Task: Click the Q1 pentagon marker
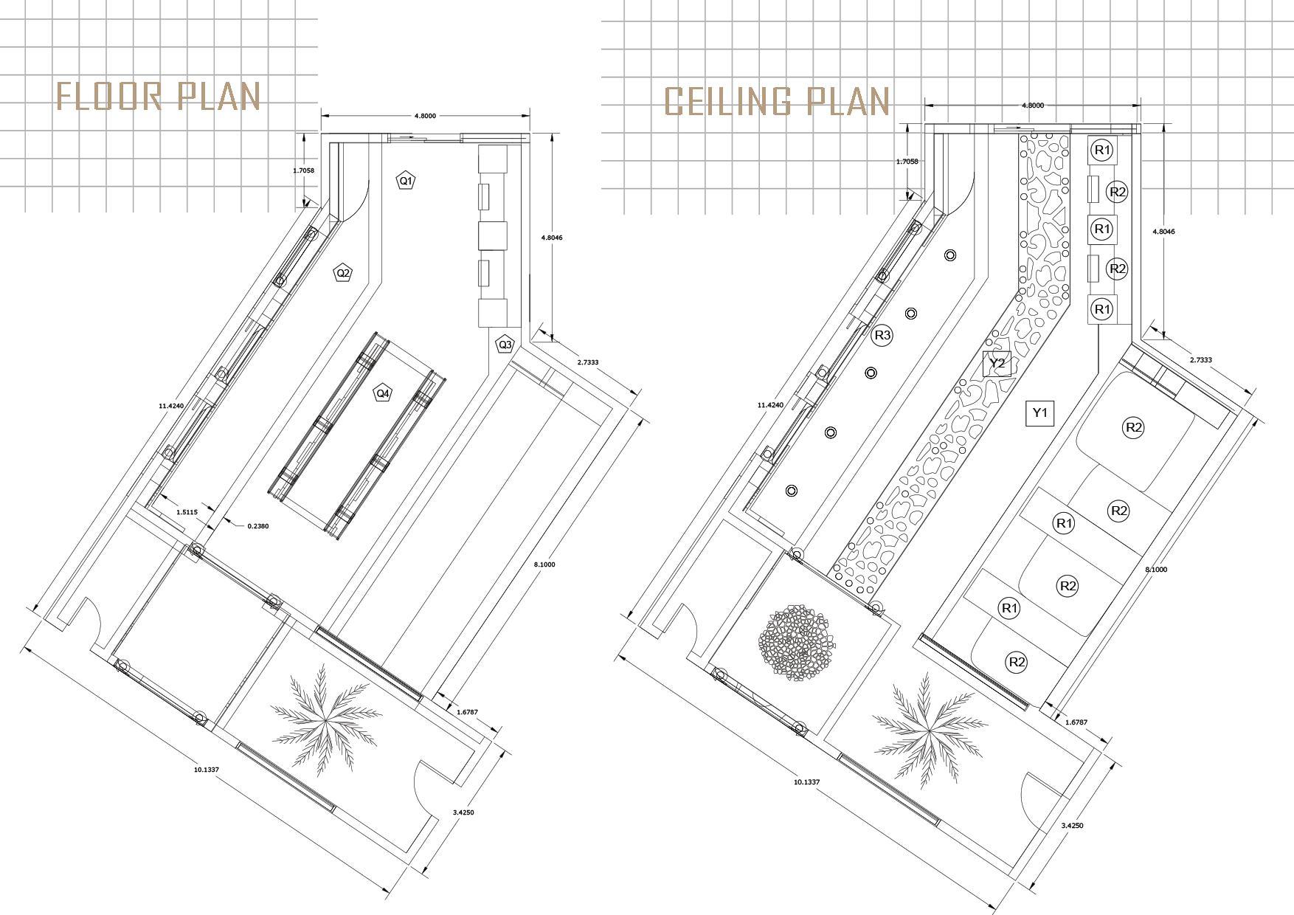click(406, 181)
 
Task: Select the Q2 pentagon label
click(343, 273)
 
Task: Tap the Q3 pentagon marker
click(505, 344)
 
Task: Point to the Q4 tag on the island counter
click(383, 393)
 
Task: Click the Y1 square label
click(1040, 412)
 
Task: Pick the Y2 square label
click(997, 364)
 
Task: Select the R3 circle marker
click(882, 336)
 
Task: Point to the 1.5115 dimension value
click(187, 512)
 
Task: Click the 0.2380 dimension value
click(258, 526)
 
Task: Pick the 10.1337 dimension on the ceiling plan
click(806, 781)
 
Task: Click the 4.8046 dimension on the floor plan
click(552, 238)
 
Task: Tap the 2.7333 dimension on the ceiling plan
click(1201, 360)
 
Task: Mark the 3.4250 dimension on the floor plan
click(463, 812)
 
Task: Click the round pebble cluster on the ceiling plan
click(798, 642)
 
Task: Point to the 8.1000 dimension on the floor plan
click(544, 564)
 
